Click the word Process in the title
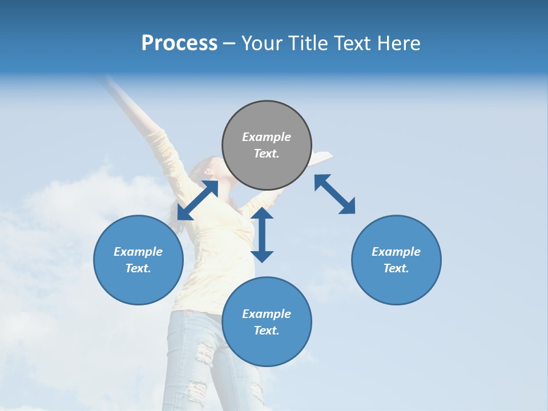(x=179, y=43)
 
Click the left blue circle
(x=138, y=260)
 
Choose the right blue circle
(x=396, y=260)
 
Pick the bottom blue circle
(x=267, y=321)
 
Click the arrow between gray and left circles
(x=198, y=200)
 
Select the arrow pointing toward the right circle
(x=335, y=194)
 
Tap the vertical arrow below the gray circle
(x=262, y=235)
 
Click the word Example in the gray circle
(x=267, y=137)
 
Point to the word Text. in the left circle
(x=138, y=268)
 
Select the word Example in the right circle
(x=396, y=252)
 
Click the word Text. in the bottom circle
(x=267, y=331)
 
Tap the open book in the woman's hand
(x=321, y=156)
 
